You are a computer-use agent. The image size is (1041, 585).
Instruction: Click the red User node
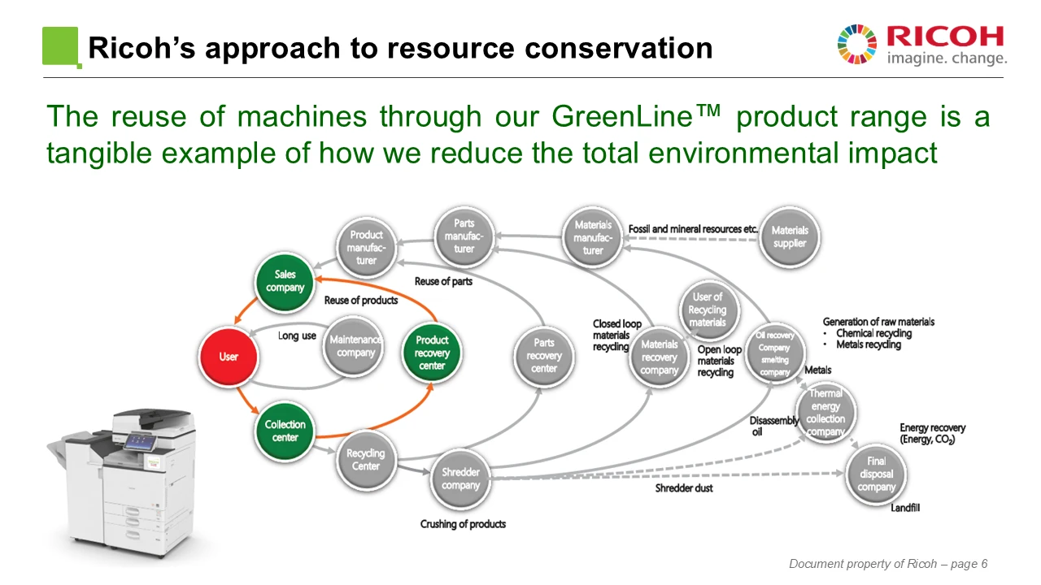(x=229, y=357)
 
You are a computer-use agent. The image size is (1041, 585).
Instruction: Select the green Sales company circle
(x=285, y=282)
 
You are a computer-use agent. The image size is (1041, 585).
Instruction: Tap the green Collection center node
(x=285, y=431)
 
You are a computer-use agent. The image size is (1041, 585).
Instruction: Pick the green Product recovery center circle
(x=432, y=353)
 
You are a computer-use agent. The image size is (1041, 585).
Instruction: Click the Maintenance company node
(x=355, y=346)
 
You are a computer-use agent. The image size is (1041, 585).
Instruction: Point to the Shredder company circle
(x=460, y=479)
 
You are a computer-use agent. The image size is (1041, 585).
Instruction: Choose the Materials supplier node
(x=789, y=236)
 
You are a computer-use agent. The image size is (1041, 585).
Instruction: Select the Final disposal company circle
(x=876, y=474)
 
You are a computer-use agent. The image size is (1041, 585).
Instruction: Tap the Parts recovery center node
(x=543, y=356)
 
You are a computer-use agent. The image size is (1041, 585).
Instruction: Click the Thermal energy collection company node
(x=825, y=413)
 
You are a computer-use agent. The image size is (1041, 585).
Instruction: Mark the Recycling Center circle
(x=366, y=460)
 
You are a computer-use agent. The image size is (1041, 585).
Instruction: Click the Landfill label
(x=904, y=508)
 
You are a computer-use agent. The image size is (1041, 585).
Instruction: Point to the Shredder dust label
(x=684, y=488)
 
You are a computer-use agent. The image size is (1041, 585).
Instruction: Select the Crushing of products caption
(x=463, y=524)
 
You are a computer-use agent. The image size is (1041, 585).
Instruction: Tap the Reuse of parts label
(x=443, y=281)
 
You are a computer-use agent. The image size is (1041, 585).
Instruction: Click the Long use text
(x=297, y=336)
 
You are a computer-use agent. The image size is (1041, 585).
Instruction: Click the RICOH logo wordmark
(x=945, y=37)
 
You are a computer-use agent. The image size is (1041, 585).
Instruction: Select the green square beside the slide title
(x=61, y=46)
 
